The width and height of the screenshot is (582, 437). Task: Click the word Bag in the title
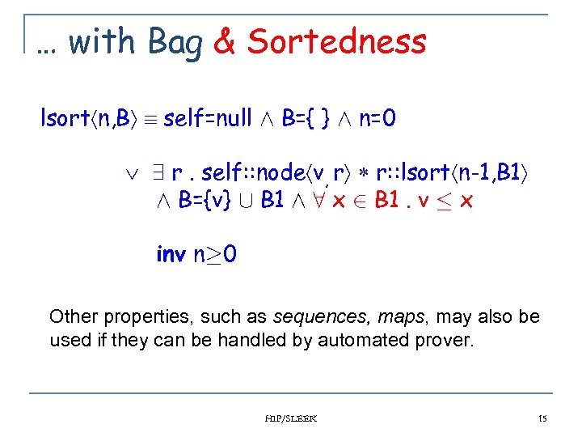point(175,42)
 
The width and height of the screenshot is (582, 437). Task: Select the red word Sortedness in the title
point(336,41)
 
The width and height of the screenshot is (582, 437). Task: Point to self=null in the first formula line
point(207,120)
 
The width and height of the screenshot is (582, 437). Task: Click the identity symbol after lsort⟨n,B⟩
point(150,121)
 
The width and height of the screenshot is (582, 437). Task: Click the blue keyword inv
point(171,255)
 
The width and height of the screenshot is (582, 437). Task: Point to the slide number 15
point(542,418)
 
